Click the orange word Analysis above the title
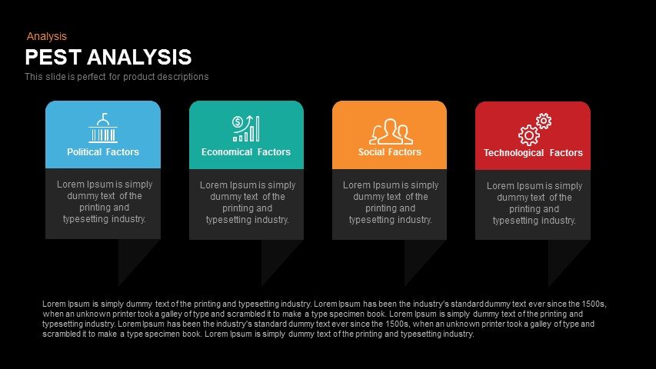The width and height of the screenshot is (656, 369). click(46, 36)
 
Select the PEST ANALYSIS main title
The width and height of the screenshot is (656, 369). click(108, 57)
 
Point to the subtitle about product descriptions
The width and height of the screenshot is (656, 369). click(116, 77)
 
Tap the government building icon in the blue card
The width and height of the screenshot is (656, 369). click(103, 128)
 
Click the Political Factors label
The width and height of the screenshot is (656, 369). click(103, 152)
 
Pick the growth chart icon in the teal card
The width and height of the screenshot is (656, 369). click(246, 128)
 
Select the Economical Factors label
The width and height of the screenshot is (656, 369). click(246, 152)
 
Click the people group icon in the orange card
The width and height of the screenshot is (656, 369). click(391, 131)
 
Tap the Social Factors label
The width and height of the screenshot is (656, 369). click(389, 152)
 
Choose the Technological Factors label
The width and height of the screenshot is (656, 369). click(533, 153)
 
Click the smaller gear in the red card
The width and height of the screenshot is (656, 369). click(544, 121)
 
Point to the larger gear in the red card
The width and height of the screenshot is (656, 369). click(529, 135)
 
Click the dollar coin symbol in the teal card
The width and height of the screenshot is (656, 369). click(238, 121)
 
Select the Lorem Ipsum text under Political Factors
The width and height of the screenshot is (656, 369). click(104, 201)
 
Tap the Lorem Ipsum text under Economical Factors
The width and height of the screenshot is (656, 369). click(248, 202)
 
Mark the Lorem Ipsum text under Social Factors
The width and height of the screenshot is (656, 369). click(391, 202)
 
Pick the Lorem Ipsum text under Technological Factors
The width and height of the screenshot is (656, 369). click(534, 203)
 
